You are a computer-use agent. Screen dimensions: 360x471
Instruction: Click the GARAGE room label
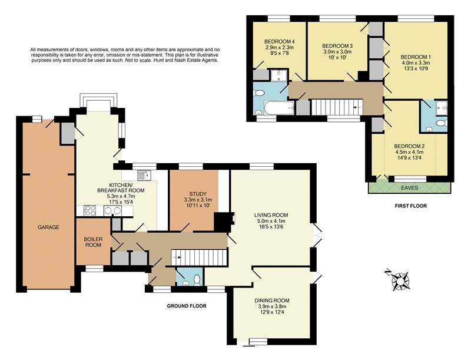(x=48, y=227)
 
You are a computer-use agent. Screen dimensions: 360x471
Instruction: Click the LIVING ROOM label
(x=270, y=215)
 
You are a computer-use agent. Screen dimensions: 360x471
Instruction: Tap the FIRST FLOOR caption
(x=410, y=206)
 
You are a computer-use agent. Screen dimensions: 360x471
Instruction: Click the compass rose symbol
(x=401, y=280)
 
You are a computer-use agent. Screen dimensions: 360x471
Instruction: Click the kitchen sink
(x=142, y=175)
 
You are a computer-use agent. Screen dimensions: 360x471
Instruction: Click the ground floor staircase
(x=199, y=257)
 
